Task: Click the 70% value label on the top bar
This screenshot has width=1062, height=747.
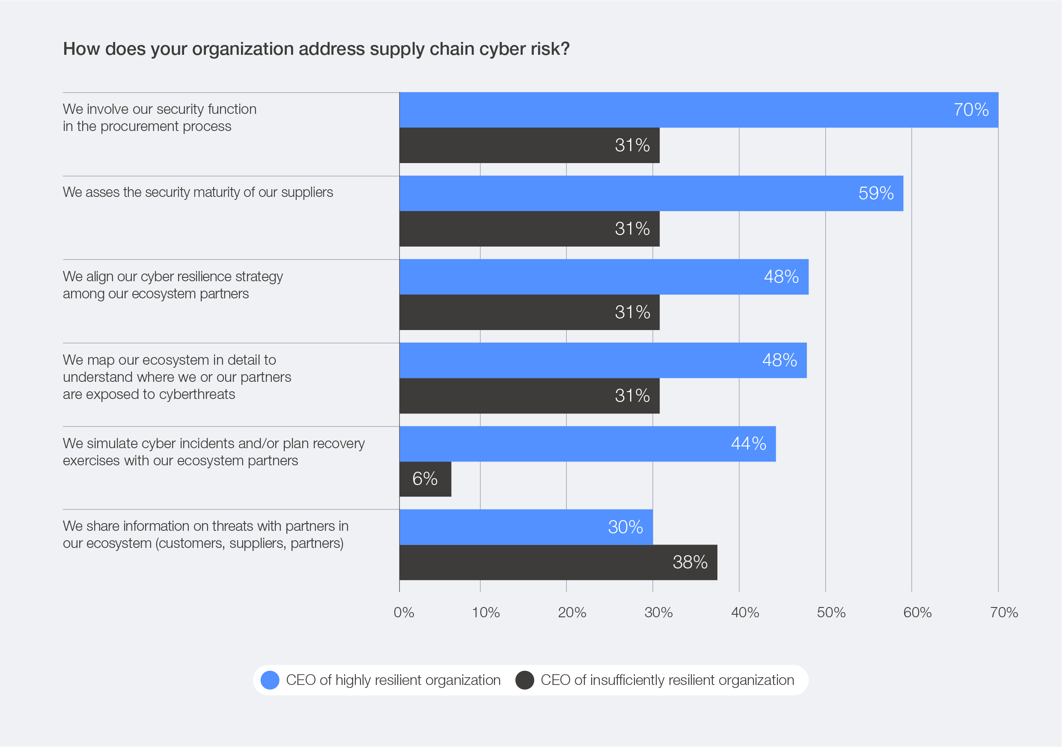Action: [x=971, y=110]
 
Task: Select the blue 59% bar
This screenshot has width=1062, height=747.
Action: [x=651, y=193]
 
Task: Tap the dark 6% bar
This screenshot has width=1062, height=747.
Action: [x=425, y=479]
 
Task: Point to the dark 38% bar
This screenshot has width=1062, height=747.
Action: [x=558, y=562]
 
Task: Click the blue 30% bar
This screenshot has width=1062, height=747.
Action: [x=526, y=527]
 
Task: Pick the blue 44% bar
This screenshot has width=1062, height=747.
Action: [x=587, y=444]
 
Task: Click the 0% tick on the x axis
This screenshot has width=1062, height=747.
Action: [x=403, y=613]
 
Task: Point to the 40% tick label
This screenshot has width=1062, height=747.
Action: [x=745, y=613]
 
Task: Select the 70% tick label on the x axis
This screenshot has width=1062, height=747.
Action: [x=1004, y=613]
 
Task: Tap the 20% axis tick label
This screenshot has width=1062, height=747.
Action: [x=572, y=613]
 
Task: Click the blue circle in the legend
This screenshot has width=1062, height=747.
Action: [x=270, y=680]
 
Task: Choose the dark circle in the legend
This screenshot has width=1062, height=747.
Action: [x=524, y=680]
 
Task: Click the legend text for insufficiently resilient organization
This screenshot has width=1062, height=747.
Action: [x=667, y=680]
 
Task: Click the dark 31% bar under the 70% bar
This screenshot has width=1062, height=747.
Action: [x=529, y=145]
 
